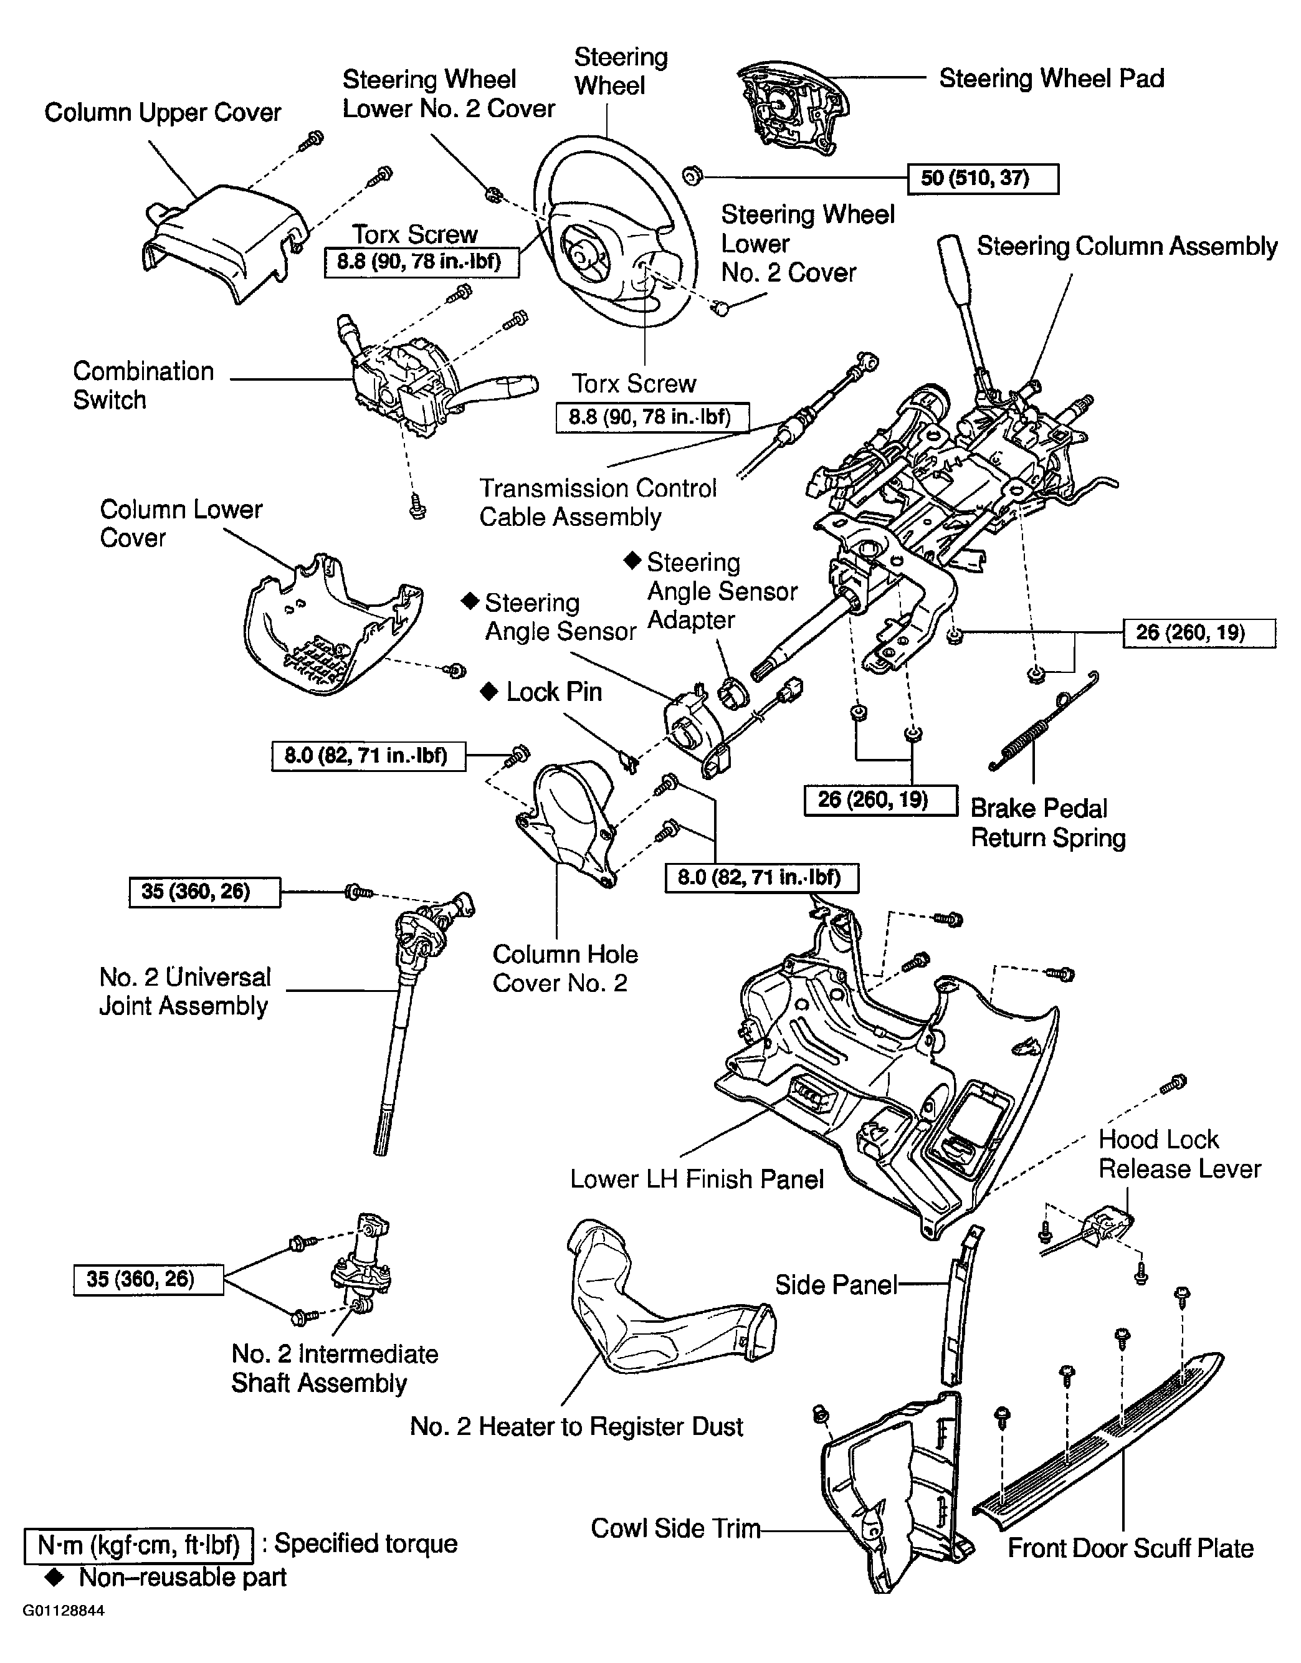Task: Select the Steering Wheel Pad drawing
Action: click(784, 110)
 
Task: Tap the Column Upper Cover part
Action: click(221, 236)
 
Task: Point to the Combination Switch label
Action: click(143, 386)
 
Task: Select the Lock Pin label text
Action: click(554, 692)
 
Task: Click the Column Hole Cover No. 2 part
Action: click(568, 822)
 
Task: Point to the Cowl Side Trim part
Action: click(891, 1493)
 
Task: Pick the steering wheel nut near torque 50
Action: click(691, 176)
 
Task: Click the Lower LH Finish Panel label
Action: click(696, 1179)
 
